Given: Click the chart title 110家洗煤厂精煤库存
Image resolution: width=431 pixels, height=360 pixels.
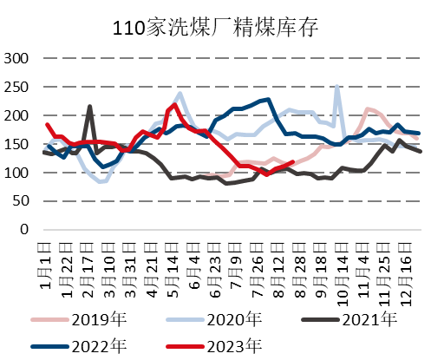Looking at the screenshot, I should tap(216, 27).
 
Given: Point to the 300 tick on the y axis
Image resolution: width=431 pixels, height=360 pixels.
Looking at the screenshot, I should tap(19, 59).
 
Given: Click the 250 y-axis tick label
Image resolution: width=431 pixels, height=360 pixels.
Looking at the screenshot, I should tap(19, 88).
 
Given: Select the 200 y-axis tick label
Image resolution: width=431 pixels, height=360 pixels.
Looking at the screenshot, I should tap(19, 116).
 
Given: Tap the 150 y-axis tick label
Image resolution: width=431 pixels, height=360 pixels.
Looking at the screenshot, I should tap(19, 145).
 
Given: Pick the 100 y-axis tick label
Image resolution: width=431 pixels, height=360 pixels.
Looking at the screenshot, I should tap(19, 173).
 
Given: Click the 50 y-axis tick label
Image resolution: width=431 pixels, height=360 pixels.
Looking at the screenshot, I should tap(23, 202).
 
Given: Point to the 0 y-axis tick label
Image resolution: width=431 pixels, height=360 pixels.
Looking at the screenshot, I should tap(28, 231).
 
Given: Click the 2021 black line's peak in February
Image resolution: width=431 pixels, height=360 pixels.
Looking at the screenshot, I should tap(90, 107).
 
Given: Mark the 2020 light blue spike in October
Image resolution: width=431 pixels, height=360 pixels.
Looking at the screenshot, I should tap(336, 87).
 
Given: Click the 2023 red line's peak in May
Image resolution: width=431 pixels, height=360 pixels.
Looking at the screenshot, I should tap(175, 105).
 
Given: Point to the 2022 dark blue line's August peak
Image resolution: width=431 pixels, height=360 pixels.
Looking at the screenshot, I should tap(269, 100).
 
